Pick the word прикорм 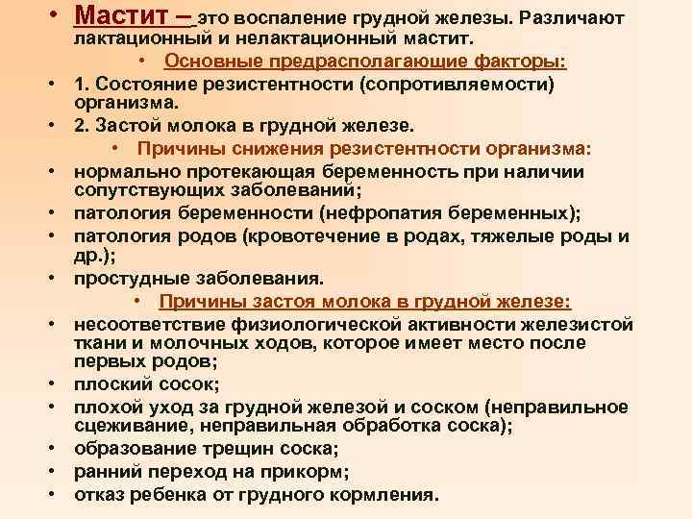click(x=303, y=471)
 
